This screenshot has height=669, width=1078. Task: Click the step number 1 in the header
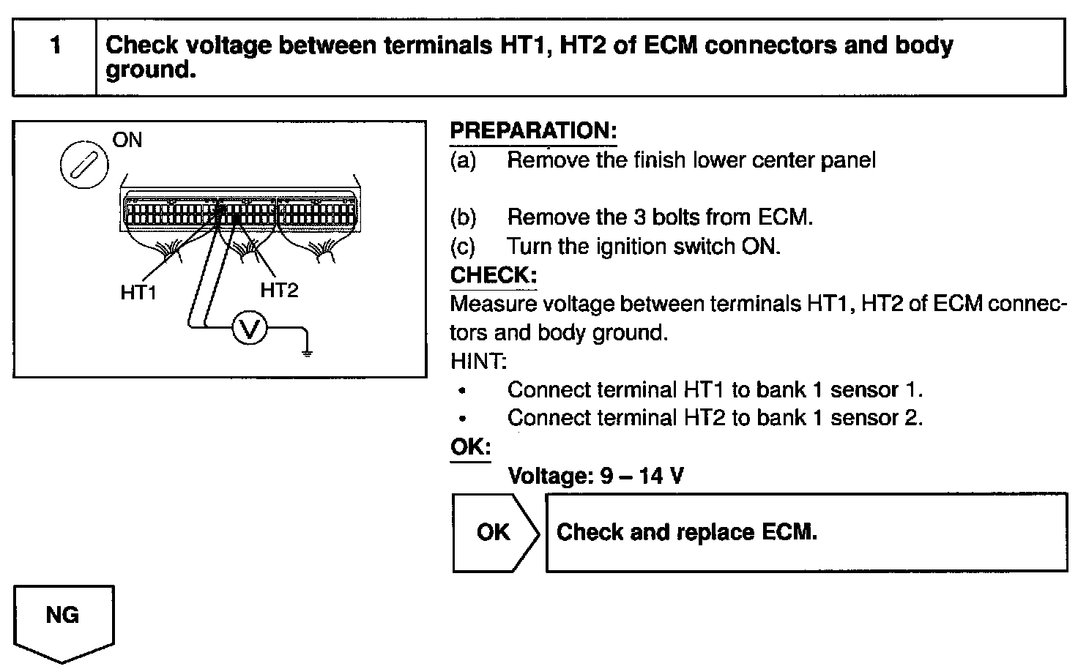[56, 46]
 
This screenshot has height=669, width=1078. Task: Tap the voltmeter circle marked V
[250, 331]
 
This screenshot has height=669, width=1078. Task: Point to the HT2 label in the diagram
[279, 291]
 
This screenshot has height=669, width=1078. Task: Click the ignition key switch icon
[83, 165]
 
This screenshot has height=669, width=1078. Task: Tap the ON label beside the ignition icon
[127, 140]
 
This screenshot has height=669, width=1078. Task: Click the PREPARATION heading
[533, 131]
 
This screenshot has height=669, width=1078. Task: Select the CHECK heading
[493, 275]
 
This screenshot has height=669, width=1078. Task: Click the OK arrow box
[493, 532]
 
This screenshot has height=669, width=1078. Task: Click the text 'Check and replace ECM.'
[686, 531]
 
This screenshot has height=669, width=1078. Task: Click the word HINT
[478, 361]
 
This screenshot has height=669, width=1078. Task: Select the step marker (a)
[464, 160]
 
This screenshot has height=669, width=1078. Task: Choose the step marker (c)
[463, 247]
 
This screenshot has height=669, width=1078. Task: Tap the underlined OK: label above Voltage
[470, 447]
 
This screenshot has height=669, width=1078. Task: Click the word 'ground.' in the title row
[151, 71]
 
